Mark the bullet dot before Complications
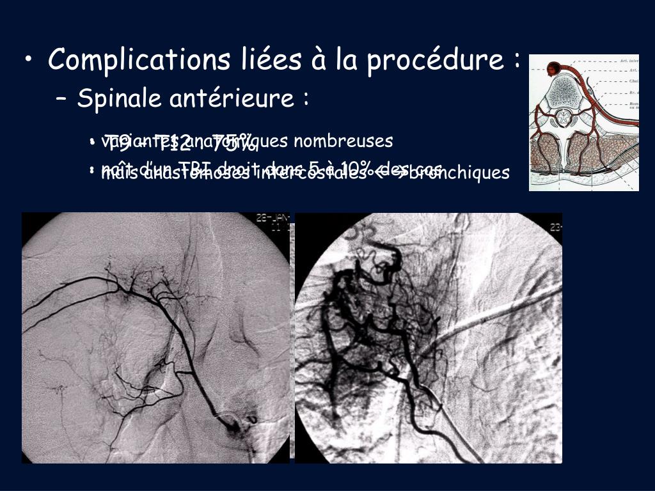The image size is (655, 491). (x=30, y=61)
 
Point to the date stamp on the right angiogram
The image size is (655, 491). (x=555, y=227)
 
